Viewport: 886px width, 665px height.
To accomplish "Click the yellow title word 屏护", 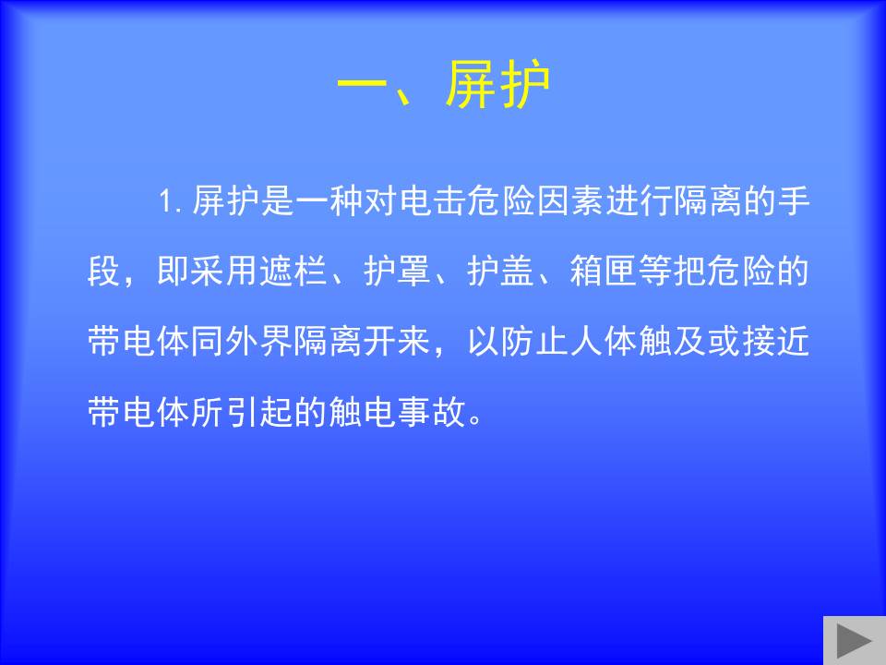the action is point(497,85).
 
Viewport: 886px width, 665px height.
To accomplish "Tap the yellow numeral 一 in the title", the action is point(362,86).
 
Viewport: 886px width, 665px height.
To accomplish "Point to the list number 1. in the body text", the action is point(170,200).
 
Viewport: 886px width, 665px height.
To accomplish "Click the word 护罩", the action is point(397,271).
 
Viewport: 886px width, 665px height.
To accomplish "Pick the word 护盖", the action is point(500,271).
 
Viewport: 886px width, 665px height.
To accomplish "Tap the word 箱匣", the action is point(604,271).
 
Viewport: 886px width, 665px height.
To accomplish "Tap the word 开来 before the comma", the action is point(397,341).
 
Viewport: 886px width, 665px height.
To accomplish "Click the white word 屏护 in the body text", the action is point(225,200).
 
